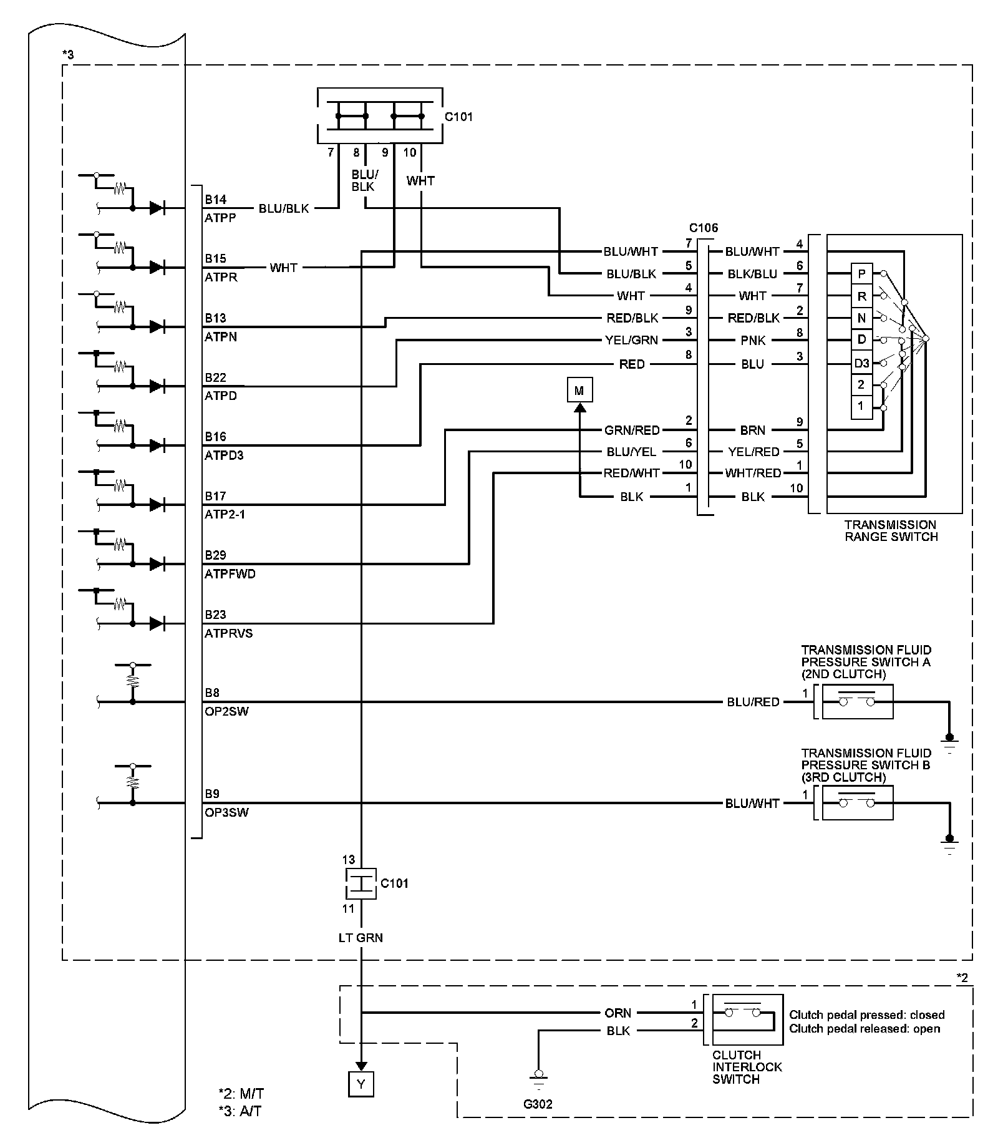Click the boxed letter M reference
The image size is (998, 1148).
579,391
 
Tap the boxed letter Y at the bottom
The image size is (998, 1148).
361,1084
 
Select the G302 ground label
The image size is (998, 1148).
538,1104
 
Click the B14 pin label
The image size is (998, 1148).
216,200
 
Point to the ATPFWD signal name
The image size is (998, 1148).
230,574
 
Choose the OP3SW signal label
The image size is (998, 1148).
226,812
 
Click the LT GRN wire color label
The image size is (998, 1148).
361,937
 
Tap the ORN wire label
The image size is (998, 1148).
618,1013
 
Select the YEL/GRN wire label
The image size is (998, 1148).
632,340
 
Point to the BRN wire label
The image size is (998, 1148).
753,430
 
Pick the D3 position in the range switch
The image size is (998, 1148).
861,362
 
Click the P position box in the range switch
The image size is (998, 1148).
861,273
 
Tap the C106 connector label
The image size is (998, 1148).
704,228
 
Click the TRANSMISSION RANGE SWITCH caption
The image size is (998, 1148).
891,530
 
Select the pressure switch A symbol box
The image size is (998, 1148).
858,702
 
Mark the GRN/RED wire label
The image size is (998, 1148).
632,430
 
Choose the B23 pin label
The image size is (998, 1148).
216,615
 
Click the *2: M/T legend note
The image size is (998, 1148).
241,1093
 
